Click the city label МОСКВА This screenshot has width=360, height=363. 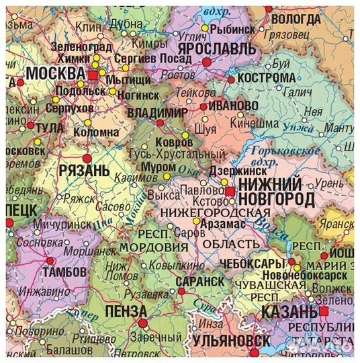click(54, 73)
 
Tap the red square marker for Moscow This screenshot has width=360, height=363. click(93, 76)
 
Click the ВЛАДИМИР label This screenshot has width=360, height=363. click(159, 111)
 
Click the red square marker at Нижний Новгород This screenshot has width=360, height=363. click(230, 192)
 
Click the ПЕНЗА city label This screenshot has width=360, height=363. click(126, 311)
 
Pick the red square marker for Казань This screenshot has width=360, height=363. click(324, 312)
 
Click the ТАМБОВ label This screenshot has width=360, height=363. click(64, 272)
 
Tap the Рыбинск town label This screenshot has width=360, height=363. click(232, 30)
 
